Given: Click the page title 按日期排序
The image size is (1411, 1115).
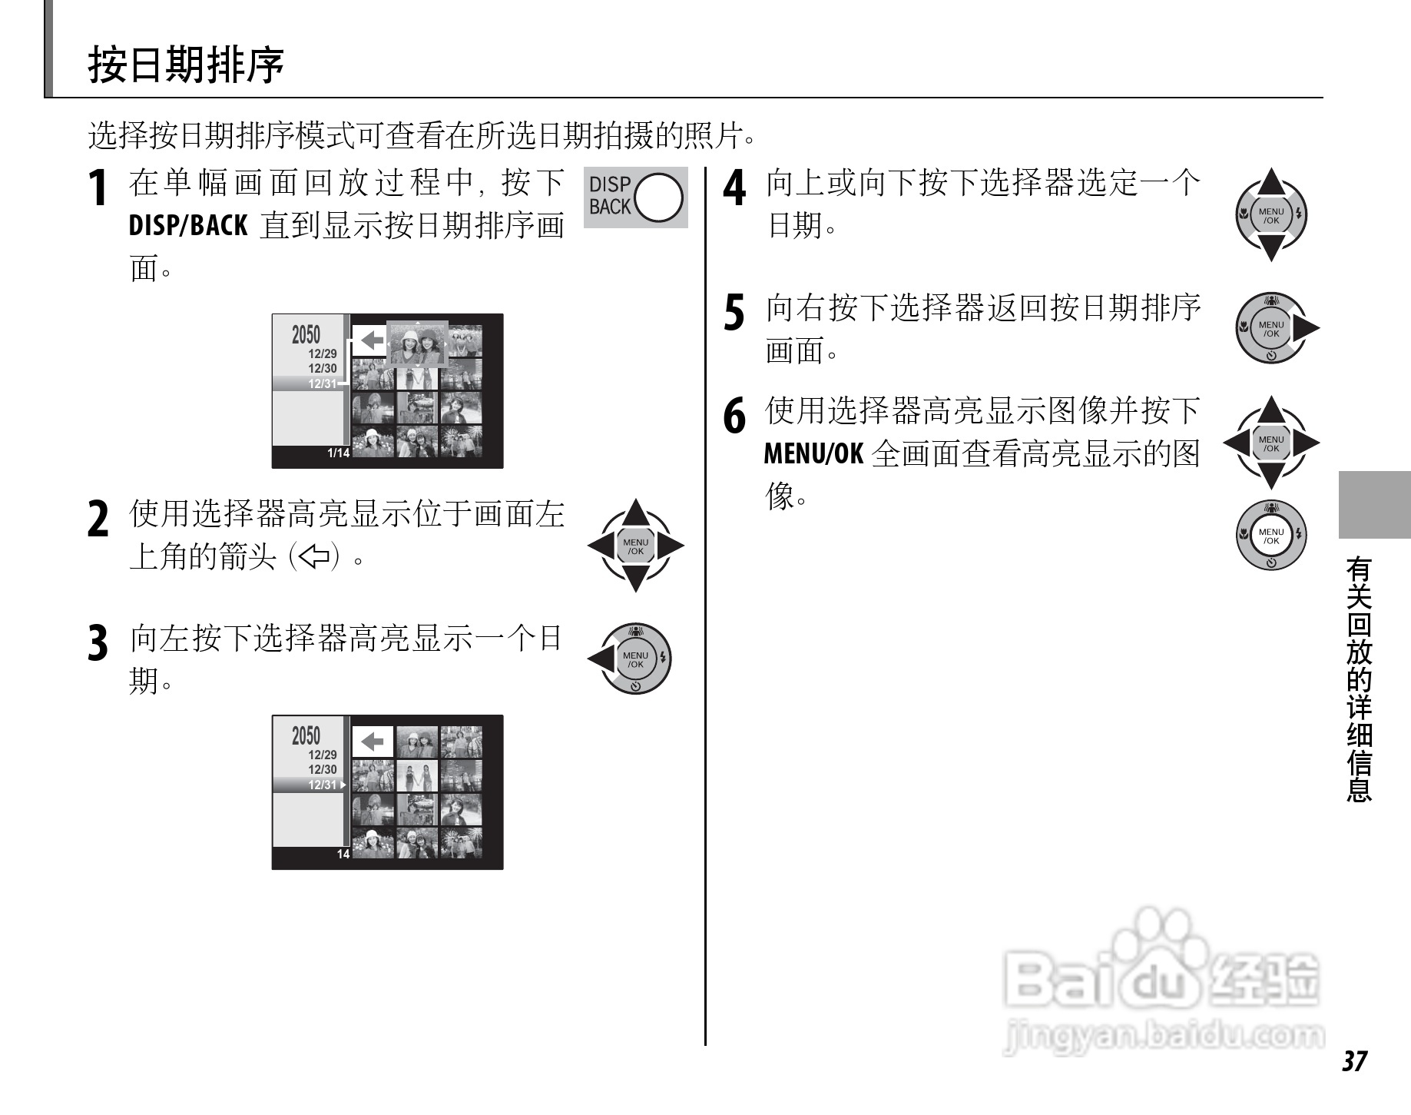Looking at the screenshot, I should [x=186, y=65].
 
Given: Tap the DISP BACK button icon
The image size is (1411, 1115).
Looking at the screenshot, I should [x=635, y=197].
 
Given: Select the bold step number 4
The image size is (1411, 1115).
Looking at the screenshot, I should [x=734, y=188].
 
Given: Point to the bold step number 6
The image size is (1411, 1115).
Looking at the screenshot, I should [x=734, y=416].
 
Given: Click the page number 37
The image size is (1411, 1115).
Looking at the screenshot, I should [x=1355, y=1061].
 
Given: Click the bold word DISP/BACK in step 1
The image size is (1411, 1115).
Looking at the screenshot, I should [x=188, y=226].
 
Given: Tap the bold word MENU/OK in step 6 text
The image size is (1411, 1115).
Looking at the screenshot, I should [x=813, y=454].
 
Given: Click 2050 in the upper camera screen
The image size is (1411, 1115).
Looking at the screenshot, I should [x=306, y=335].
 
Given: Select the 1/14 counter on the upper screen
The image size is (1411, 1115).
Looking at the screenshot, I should [x=338, y=453].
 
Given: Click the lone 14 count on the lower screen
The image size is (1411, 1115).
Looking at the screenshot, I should [x=343, y=854].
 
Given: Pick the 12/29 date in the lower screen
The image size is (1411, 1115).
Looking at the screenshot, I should [x=323, y=755].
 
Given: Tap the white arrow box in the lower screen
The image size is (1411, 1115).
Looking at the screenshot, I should [x=373, y=742].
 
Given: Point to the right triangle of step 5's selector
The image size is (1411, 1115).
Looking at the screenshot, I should [x=1305, y=329].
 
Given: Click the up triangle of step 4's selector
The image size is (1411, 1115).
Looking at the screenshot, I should [x=1271, y=182].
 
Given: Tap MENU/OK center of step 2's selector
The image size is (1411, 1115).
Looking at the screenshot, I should [x=635, y=546].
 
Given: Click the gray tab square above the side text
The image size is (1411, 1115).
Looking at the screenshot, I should [x=1374, y=505].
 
